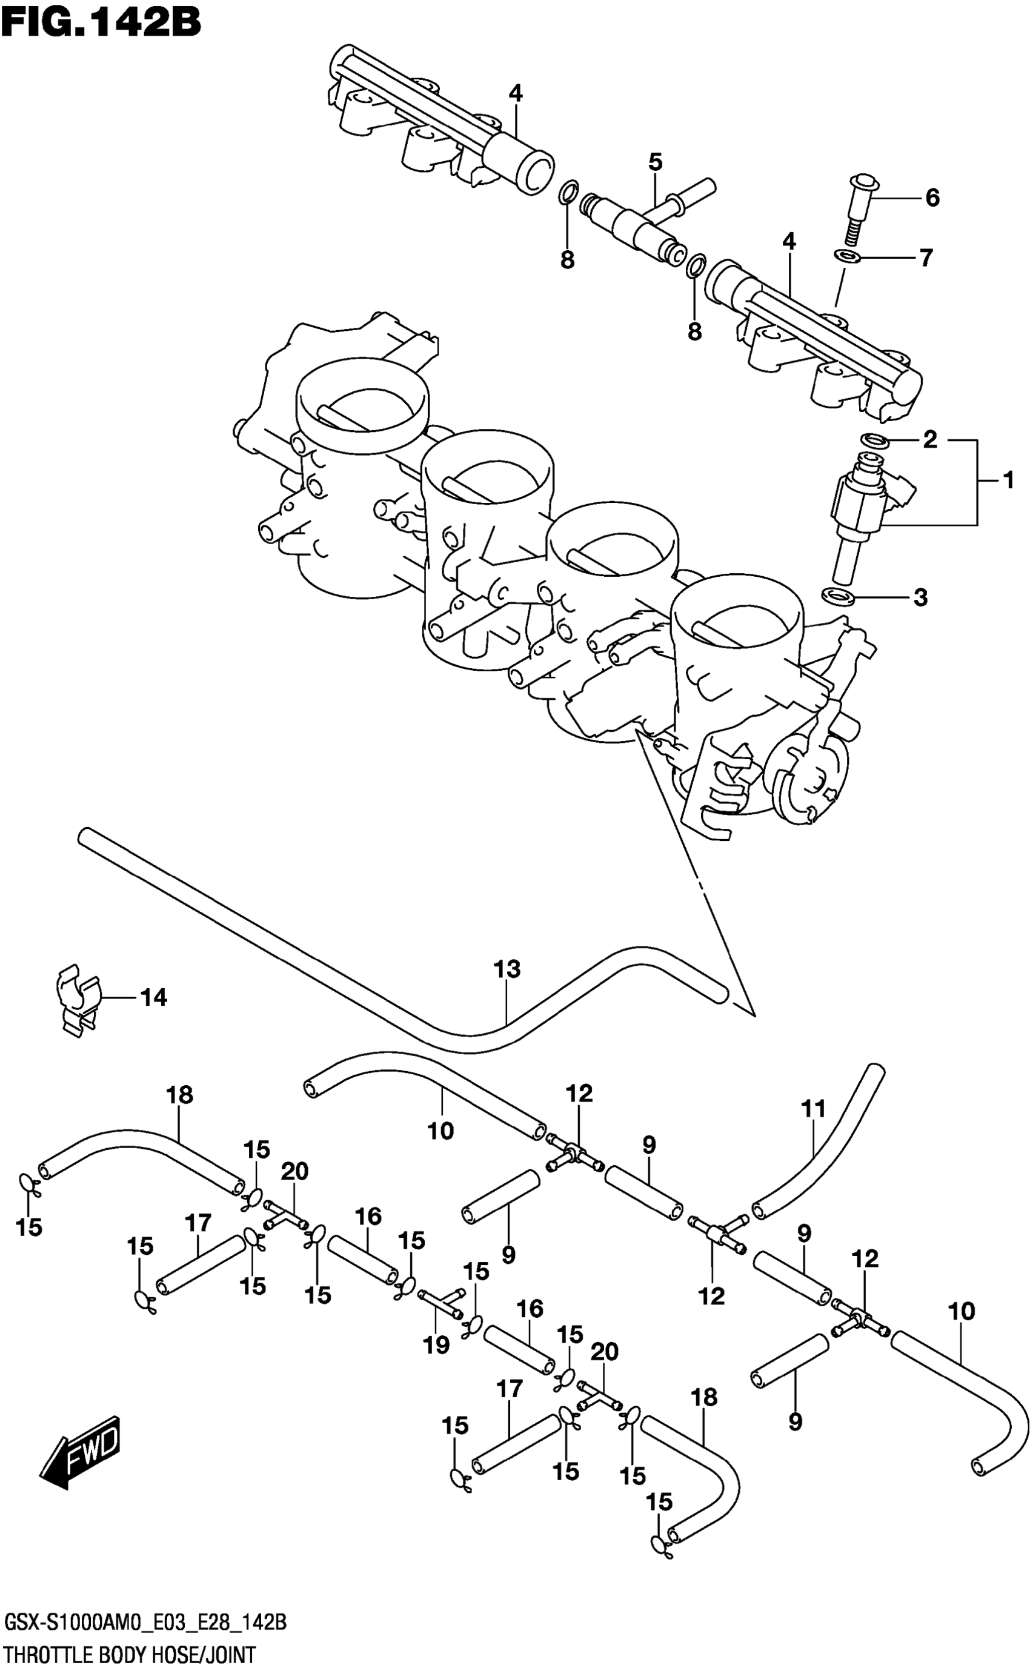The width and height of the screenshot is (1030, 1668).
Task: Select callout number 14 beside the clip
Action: [x=153, y=997]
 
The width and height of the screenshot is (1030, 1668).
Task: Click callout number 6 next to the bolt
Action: [x=932, y=198]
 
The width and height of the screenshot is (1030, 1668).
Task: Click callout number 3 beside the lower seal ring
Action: [x=920, y=597]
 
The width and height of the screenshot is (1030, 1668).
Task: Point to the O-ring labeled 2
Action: [x=875, y=441]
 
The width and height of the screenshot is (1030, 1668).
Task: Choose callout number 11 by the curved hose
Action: [x=813, y=1109]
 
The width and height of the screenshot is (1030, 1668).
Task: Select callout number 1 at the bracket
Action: [x=1008, y=481]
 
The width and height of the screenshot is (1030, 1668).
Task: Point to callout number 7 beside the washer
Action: [x=925, y=258]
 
